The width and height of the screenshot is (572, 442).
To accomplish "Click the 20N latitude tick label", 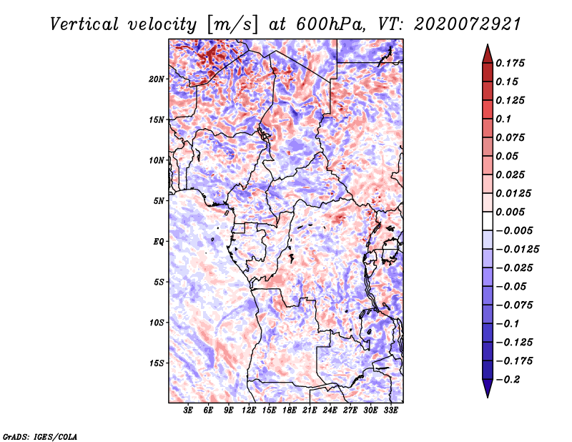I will click(x=157, y=79).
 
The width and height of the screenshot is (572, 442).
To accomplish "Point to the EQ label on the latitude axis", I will click(x=158, y=241).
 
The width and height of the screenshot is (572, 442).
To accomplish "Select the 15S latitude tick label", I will click(x=157, y=363).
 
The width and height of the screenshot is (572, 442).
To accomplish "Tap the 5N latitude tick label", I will click(x=159, y=200).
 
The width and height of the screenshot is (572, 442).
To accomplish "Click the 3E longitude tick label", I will click(x=189, y=411).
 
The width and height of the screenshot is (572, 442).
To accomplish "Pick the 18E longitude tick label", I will click(x=290, y=411).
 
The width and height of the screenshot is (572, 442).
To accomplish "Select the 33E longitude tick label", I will click(x=390, y=411).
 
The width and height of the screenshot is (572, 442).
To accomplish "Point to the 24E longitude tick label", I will click(x=330, y=411).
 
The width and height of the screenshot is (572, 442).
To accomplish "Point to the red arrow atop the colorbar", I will click(x=487, y=52).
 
